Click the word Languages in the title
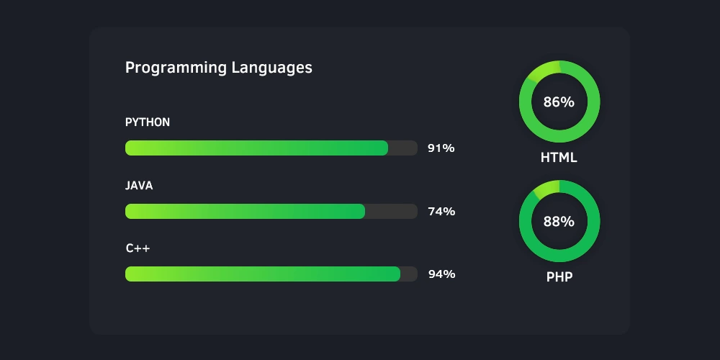271,68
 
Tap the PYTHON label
148,122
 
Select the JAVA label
139,186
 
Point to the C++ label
138,248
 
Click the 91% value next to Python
441,148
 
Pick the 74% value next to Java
441,211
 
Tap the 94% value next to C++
441,274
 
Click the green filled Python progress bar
256,148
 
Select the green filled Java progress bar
245,211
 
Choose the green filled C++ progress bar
262,274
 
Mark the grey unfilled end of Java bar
391,211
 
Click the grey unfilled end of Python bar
402,148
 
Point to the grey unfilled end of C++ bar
408,274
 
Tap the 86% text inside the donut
559,102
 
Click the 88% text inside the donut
559,222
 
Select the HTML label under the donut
559,158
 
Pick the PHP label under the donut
559,276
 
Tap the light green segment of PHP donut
546,189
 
